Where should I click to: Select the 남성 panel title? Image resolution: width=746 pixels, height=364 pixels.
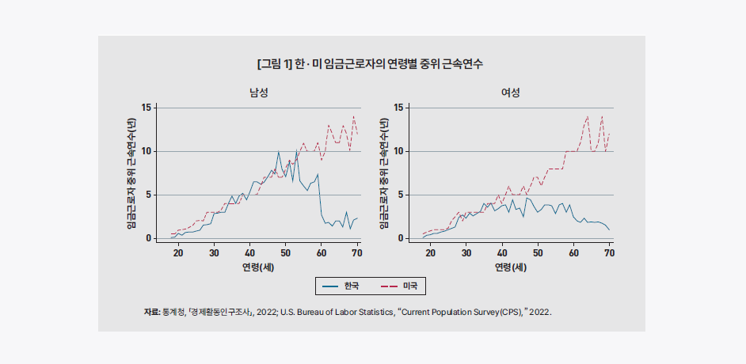(x=258, y=93)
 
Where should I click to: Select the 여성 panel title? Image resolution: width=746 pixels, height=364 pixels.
(x=511, y=93)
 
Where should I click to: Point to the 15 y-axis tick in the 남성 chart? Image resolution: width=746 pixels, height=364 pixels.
(x=146, y=108)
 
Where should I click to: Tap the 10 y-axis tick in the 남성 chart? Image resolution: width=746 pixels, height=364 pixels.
(x=146, y=151)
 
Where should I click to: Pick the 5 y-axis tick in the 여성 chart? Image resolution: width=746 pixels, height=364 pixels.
(x=402, y=195)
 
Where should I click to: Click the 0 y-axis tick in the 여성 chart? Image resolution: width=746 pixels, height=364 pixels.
(x=402, y=238)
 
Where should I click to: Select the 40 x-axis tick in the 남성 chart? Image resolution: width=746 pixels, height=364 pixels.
(x=249, y=252)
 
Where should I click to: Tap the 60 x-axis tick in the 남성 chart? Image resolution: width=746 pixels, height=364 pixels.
(x=321, y=252)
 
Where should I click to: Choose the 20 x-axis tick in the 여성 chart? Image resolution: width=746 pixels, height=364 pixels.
(x=431, y=252)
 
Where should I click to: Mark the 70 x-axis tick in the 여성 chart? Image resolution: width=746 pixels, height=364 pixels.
(x=609, y=252)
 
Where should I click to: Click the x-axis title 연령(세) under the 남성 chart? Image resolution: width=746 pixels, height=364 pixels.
(x=258, y=267)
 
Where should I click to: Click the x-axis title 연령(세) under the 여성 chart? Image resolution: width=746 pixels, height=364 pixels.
(x=511, y=267)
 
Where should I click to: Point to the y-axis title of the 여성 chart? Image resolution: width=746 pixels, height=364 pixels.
(x=384, y=173)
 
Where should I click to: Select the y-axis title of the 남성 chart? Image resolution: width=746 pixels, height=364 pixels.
(x=131, y=173)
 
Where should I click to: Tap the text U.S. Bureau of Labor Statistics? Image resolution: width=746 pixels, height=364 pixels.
(x=337, y=313)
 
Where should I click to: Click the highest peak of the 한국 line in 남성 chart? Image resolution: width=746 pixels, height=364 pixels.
(x=279, y=151)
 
